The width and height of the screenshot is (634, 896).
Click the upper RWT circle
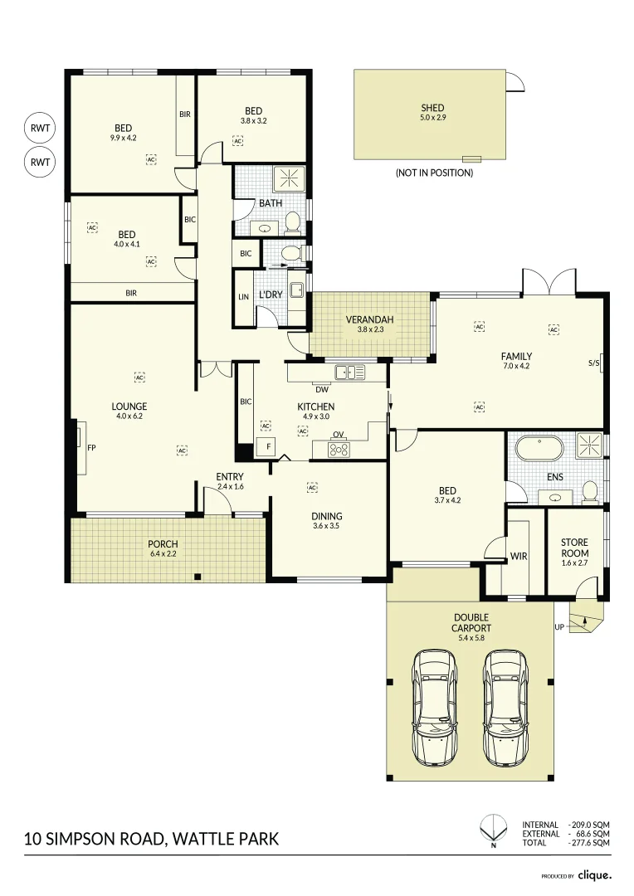pos(40,129)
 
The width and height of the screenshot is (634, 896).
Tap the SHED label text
pos(432,108)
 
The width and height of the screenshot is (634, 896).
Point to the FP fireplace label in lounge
pos(91,447)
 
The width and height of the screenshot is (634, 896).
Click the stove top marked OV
pos(339,450)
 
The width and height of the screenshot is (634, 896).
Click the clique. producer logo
pos(594,874)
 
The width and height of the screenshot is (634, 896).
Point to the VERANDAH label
pos(369,319)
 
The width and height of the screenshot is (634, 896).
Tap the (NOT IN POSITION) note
pos(434,173)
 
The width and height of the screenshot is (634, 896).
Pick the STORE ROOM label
pos(574,548)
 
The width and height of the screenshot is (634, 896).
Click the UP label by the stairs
pos(559,626)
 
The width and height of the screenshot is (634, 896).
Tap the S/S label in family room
pos(593,363)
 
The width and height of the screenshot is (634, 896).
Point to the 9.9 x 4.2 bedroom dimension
pos(123,139)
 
